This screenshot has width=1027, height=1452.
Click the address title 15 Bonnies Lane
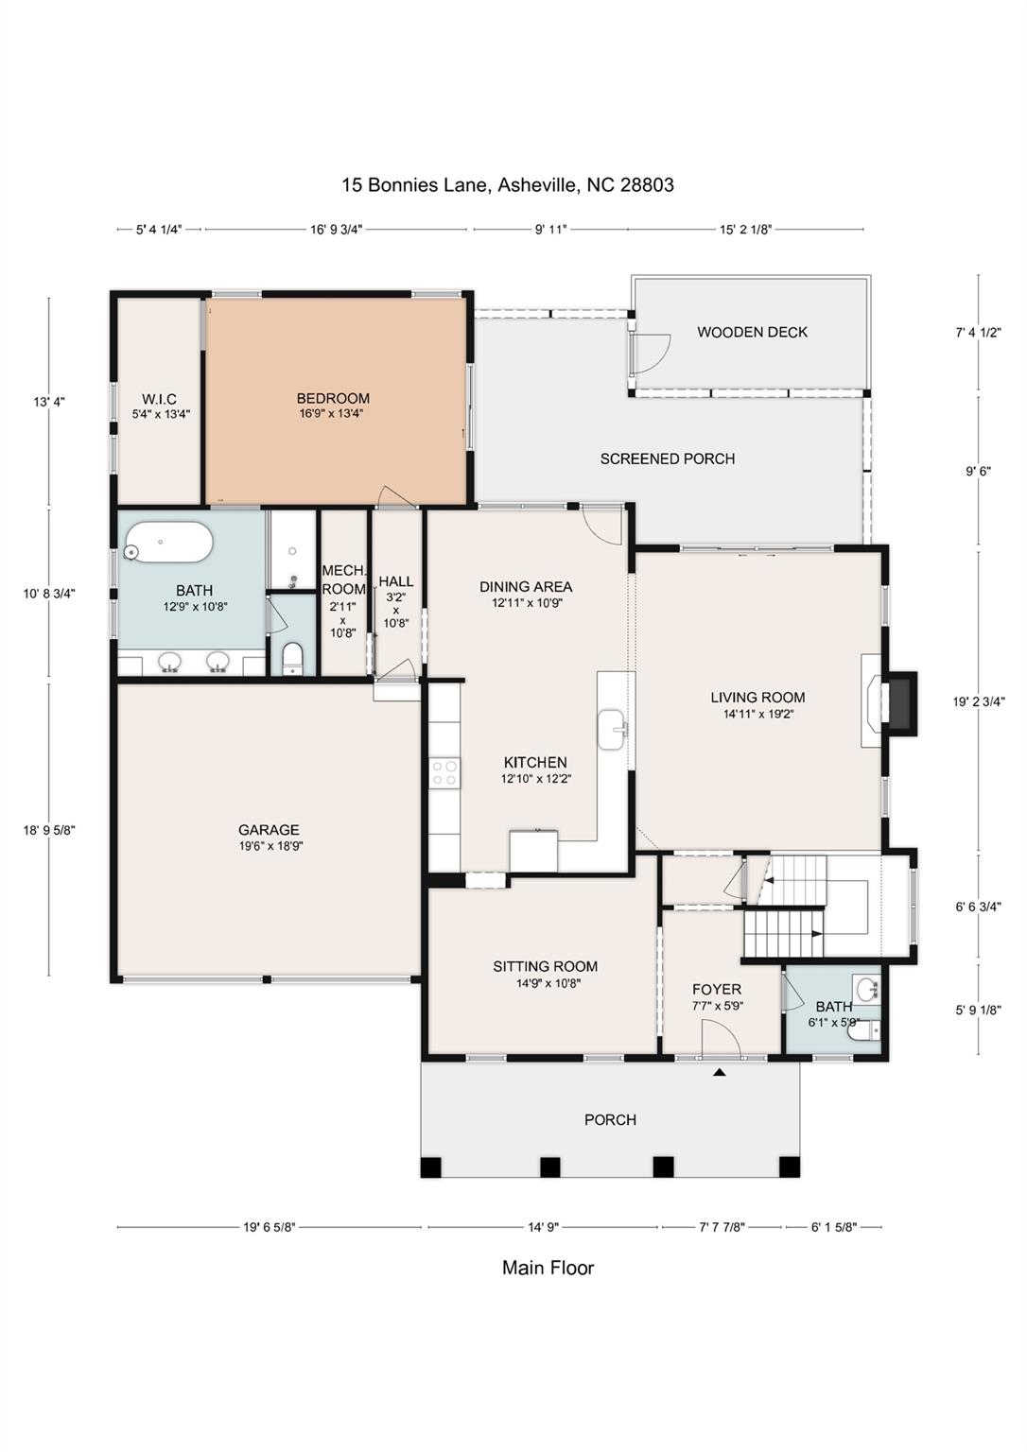pos(414,185)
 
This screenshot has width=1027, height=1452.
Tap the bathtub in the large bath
pos(168,544)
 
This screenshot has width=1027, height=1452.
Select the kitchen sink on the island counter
pos(612,729)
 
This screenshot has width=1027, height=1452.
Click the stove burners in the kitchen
pos(444,772)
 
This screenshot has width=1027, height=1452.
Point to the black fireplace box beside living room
pos(902,703)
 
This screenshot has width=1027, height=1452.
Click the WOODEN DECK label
pos(752,333)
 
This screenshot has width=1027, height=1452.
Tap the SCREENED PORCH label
pos(667,458)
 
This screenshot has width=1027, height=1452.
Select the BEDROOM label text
pos(333,398)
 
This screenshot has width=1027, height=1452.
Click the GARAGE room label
pos(269,830)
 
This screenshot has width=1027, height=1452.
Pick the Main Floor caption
pos(548,1268)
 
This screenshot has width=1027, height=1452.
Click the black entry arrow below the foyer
pos(719,1073)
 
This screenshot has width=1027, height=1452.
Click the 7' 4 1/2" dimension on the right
pos(979,333)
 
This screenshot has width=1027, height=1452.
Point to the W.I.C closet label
pos(159,399)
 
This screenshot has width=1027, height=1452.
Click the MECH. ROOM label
pos(343,579)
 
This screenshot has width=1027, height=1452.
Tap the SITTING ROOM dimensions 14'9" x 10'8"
pos(548,983)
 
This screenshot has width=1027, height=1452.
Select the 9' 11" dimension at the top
pos(550,230)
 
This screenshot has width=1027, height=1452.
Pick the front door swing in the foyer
pos(721,1039)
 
